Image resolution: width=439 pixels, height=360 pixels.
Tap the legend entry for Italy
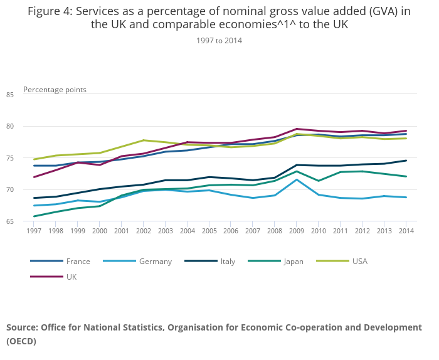coord(228,262)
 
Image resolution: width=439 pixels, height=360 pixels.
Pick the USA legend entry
coord(359,262)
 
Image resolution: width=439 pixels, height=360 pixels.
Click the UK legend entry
coord(71,277)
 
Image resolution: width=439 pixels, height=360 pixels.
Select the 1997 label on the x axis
coord(34,231)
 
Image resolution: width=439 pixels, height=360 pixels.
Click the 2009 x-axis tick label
coord(297,231)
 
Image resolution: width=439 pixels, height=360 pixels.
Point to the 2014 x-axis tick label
coord(406,231)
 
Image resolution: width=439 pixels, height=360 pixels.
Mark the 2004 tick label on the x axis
coord(188,231)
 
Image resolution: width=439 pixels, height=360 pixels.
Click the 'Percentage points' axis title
coord(55,90)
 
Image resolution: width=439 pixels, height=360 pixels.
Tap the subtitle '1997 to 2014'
coord(219,41)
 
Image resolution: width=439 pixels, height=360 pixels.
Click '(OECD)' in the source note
coord(21,342)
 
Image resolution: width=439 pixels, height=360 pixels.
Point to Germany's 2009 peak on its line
coord(297,179)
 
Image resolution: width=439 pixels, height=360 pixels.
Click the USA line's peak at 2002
coord(144,140)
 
